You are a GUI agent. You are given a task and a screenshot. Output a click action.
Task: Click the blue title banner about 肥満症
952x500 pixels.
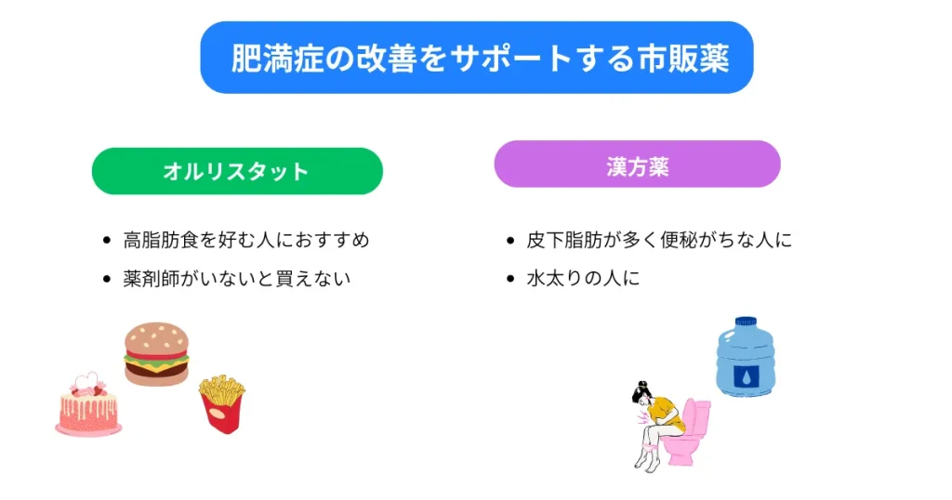(476, 58)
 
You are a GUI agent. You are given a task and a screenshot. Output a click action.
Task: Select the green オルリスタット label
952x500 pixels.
(236, 171)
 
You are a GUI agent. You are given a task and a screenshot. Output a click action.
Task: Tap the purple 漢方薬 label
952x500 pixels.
(637, 164)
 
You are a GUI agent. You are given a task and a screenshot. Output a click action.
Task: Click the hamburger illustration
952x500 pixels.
(156, 353)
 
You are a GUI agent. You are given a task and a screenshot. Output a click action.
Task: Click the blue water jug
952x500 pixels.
(745, 358)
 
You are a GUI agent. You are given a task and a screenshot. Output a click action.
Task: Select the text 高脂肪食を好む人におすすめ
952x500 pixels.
(246, 240)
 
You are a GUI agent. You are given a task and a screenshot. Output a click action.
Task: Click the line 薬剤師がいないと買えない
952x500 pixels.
(237, 278)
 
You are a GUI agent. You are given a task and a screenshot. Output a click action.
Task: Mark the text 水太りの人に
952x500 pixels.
(583, 278)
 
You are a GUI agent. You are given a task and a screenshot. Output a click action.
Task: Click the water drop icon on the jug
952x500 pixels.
(746, 375)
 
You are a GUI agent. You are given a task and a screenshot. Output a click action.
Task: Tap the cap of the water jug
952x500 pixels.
(746, 322)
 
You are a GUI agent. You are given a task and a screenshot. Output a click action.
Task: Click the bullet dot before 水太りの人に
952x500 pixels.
(510, 278)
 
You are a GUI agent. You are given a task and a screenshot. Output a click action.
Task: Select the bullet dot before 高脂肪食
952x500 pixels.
(107, 240)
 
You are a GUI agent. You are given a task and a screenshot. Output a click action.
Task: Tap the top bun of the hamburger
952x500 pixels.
(156, 336)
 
